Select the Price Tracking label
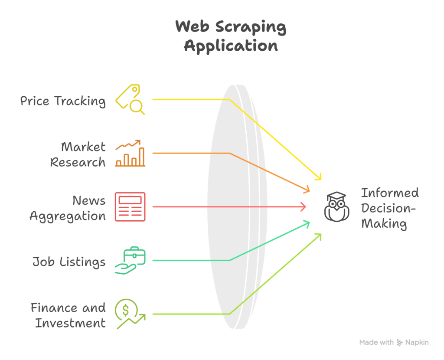63,101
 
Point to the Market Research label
78,154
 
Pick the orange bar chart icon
130,154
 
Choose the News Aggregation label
68,208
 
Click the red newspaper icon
130,207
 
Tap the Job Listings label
69,262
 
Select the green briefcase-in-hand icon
130,260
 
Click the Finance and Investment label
69,315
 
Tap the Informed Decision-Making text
389,208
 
